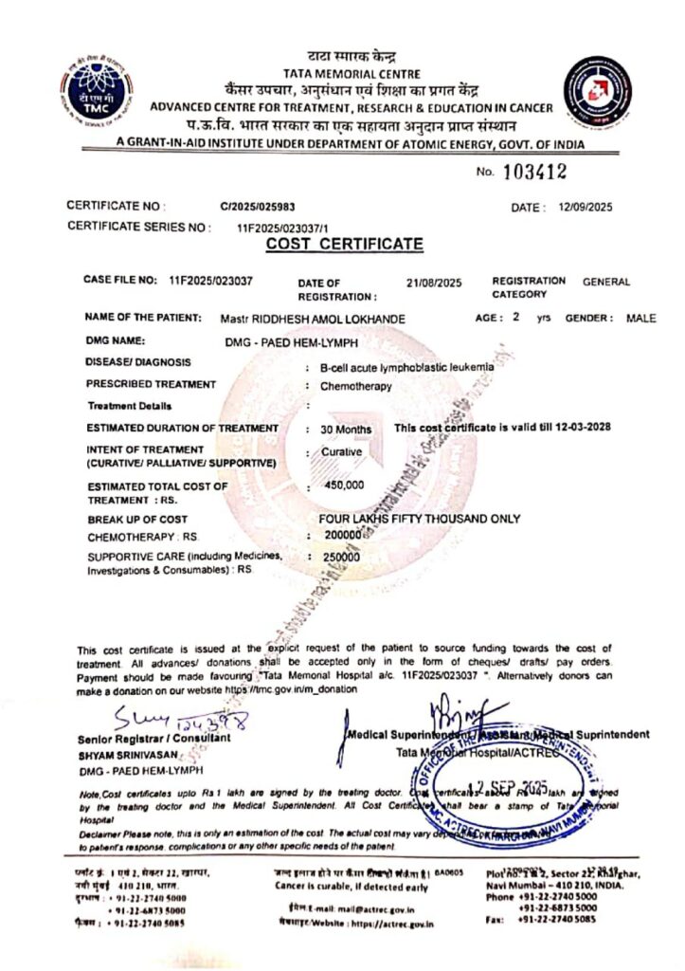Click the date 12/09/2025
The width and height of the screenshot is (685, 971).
point(586,207)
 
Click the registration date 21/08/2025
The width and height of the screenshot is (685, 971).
point(433,283)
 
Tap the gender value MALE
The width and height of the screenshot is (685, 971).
point(640,319)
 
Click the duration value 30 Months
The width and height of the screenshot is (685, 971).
point(346,430)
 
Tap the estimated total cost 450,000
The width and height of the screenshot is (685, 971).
point(345,485)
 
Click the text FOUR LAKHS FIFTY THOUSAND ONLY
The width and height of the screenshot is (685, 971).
point(421,519)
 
